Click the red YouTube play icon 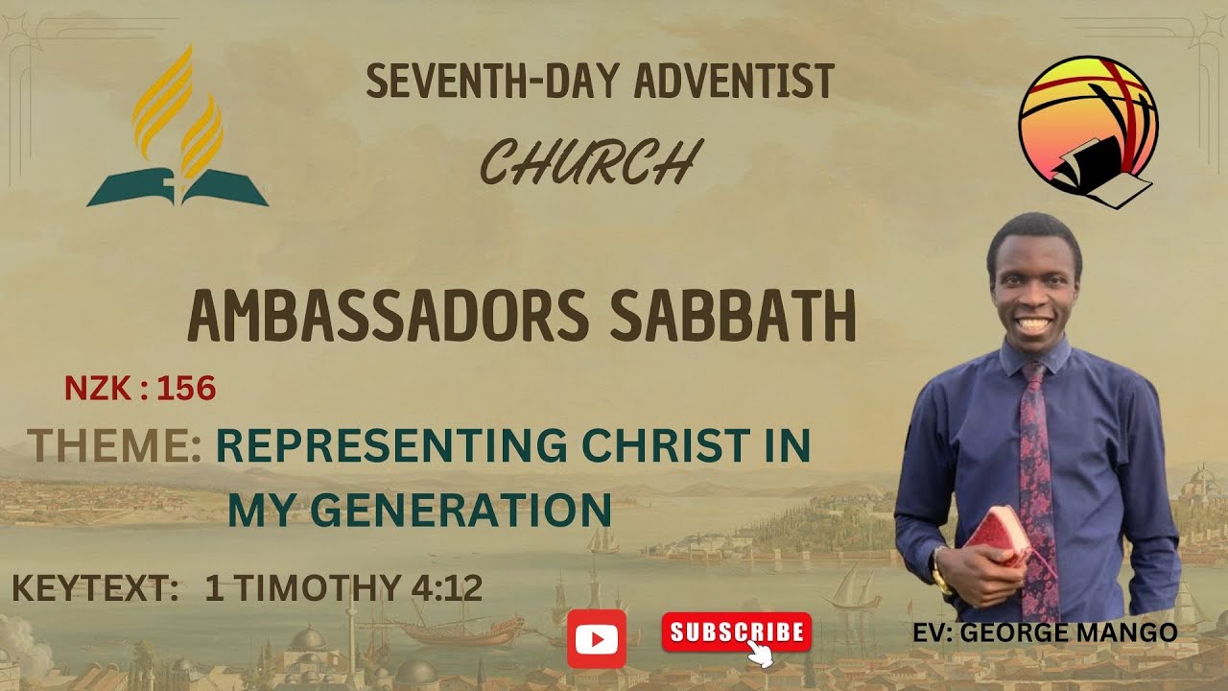click(597, 638)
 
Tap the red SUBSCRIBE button click(736, 632)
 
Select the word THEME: click(114, 446)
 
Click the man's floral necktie click(1035, 480)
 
